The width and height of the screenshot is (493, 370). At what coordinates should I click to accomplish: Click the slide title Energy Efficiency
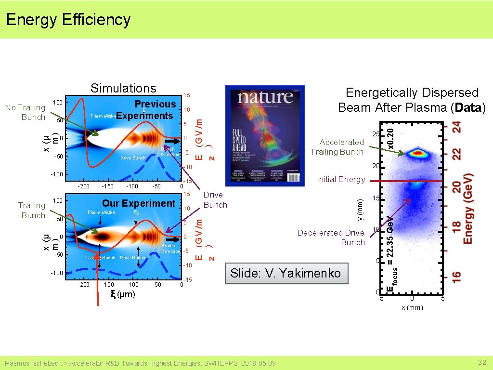[x=68, y=20]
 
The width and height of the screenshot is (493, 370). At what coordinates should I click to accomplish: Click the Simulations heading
[x=123, y=88]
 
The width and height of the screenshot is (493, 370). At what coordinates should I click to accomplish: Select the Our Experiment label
[x=139, y=203]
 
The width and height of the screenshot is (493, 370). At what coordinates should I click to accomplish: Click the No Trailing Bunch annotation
[x=25, y=112]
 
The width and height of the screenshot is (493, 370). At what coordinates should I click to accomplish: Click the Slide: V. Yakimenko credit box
[x=285, y=274]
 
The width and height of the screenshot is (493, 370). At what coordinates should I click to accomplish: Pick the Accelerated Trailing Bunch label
[x=337, y=147]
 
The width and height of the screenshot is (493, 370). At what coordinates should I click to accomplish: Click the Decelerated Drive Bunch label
[x=331, y=238]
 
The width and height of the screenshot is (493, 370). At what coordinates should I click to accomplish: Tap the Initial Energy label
[x=341, y=179]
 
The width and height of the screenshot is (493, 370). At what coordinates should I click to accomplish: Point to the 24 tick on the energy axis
[x=456, y=127]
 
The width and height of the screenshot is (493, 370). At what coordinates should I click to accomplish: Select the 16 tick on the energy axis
[x=456, y=277]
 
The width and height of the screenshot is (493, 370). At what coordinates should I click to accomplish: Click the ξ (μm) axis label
[x=123, y=294]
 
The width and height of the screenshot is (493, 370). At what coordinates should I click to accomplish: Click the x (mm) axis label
[x=412, y=308]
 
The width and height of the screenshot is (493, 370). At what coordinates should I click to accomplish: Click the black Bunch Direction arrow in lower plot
[x=171, y=239]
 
